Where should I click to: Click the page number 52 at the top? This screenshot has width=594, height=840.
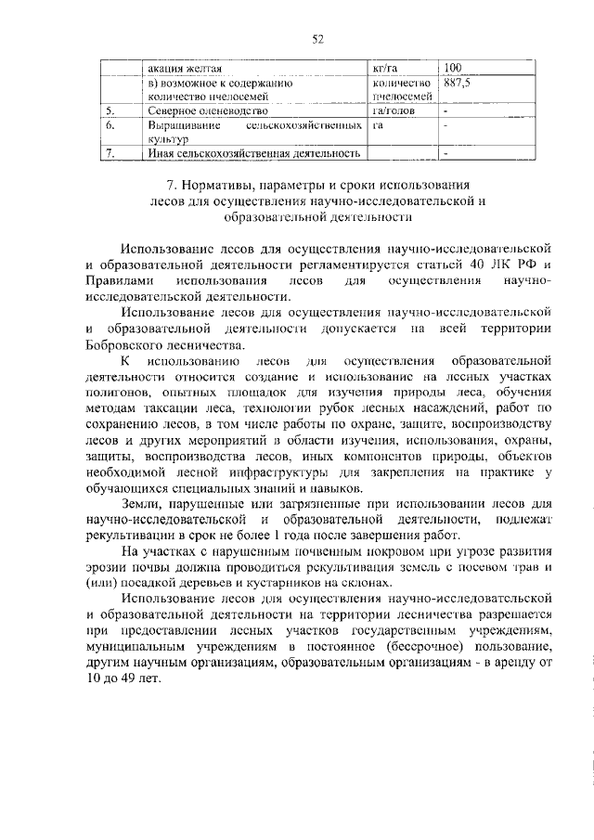[316, 38]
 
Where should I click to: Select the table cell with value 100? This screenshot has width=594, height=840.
[454, 68]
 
